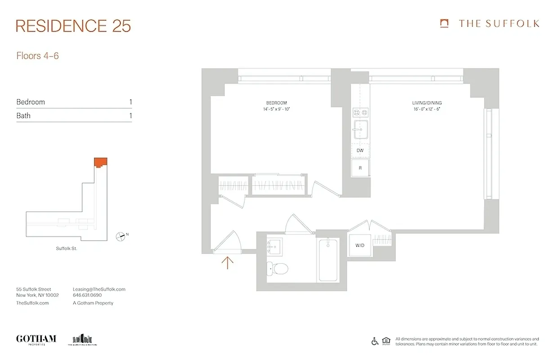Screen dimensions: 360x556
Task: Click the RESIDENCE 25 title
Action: (73, 26)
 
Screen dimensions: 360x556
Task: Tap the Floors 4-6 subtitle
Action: (38, 56)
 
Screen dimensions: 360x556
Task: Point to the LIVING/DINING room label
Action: (427, 103)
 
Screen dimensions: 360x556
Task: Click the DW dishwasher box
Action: (360, 150)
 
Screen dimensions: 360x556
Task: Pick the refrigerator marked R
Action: (360, 168)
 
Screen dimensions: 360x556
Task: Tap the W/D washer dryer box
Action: (360, 246)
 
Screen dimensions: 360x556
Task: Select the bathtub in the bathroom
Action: (327, 260)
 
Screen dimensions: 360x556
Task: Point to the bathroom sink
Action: (274, 246)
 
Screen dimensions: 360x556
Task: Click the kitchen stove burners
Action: (360, 112)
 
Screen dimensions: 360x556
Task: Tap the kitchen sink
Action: (360, 131)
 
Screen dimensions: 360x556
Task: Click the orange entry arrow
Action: (228, 262)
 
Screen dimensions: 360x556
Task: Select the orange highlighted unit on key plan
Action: (100, 162)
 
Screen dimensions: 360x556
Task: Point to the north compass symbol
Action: (121, 235)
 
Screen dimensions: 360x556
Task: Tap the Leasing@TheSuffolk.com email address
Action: (99, 289)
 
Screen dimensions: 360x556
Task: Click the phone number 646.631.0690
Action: (87, 296)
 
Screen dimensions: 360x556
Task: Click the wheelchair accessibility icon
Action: (375, 341)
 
